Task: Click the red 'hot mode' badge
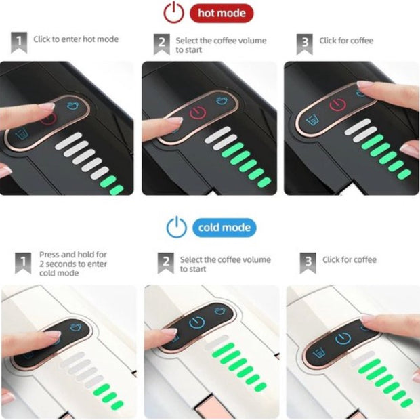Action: [222, 13]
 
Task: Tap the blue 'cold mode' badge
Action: [224, 228]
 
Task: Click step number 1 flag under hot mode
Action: [19, 42]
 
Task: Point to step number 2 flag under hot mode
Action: [161, 44]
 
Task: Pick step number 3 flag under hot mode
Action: [305, 44]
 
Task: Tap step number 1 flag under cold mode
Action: [23, 263]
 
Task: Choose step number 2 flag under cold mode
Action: [166, 263]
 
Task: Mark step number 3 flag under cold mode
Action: [308, 263]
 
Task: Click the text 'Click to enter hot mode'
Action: [76, 39]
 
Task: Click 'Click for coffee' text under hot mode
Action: [346, 41]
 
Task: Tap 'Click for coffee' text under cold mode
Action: [350, 259]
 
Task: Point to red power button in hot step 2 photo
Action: [198, 112]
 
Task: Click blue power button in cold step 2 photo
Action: [197, 322]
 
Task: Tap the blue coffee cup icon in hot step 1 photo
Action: [72, 105]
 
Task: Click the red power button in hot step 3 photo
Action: [337, 104]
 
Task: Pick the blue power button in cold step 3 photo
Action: [343, 338]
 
